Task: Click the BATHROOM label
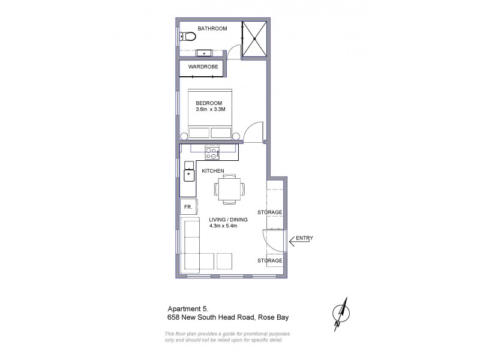[212, 28]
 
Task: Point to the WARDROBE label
[203, 67]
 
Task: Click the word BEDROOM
[209, 103]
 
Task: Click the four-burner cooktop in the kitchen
[212, 152]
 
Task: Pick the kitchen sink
[188, 175]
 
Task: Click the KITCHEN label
[212, 171]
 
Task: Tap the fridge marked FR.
[187, 208]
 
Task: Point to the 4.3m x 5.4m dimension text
[224, 226]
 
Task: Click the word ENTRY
[304, 238]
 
